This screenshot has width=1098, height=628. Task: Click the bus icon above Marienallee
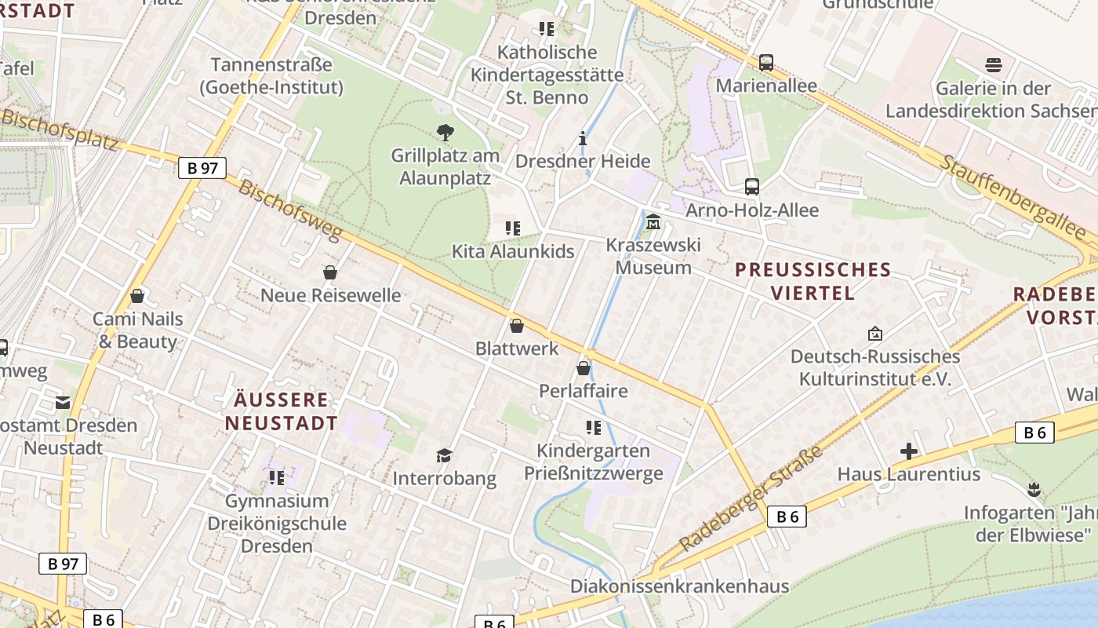click(x=766, y=63)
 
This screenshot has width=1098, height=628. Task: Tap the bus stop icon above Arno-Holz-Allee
click(x=752, y=187)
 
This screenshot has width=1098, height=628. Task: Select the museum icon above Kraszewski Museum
click(x=653, y=223)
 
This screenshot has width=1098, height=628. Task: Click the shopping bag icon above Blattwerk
click(x=517, y=326)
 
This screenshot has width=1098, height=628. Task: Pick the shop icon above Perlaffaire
click(x=584, y=367)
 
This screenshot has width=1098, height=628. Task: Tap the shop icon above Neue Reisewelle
click(x=330, y=272)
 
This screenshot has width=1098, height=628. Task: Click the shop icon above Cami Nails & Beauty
click(x=137, y=296)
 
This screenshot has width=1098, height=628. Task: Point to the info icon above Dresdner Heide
click(x=582, y=139)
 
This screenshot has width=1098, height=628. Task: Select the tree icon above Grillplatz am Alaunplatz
click(x=445, y=133)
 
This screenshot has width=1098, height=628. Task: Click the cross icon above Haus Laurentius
click(x=909, y=451)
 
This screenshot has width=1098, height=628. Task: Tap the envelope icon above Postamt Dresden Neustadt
click(x=63, y=403)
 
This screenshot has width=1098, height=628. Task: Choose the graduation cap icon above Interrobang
click(x=445, y=455)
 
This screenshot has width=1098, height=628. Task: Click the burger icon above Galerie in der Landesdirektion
click(x=994, y=65)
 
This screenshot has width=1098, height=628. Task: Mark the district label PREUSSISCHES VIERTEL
click(x=813, y=282)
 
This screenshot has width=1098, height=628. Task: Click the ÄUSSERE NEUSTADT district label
click(x=282, y=411)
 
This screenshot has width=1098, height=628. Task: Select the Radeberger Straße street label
click(x=751, y=498)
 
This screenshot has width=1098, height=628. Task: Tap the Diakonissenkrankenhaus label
click(x=679, y=586)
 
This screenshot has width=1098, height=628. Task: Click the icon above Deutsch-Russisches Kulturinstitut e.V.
click(x=875, y=334)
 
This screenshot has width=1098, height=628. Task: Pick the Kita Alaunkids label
click(x=513, y=251)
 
